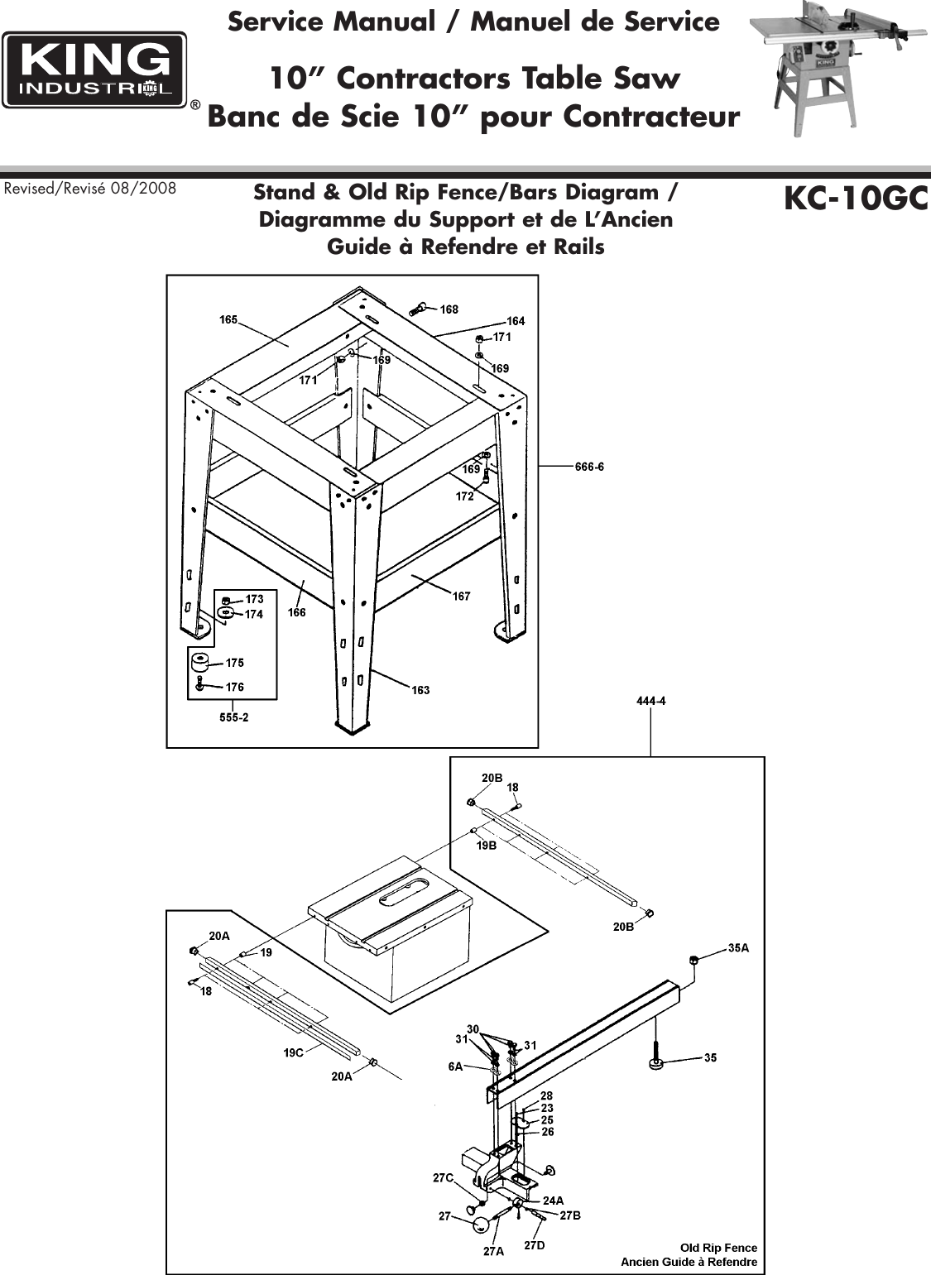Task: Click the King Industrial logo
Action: (94, 70)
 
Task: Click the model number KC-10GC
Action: (855, 199)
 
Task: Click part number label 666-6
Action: (589, 467)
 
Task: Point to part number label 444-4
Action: (650, 702)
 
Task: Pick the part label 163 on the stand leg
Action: (420, 690)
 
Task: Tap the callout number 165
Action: (228, 319)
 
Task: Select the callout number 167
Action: (461, 596)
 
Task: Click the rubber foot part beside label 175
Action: (199, 663)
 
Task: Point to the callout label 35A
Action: (738, 948)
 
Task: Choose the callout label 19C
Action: (294, 1052)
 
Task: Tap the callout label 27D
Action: (535, 1244)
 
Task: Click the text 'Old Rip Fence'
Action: (717, 1247)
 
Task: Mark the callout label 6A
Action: (456, 1067)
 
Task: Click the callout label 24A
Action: (553, 1200)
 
